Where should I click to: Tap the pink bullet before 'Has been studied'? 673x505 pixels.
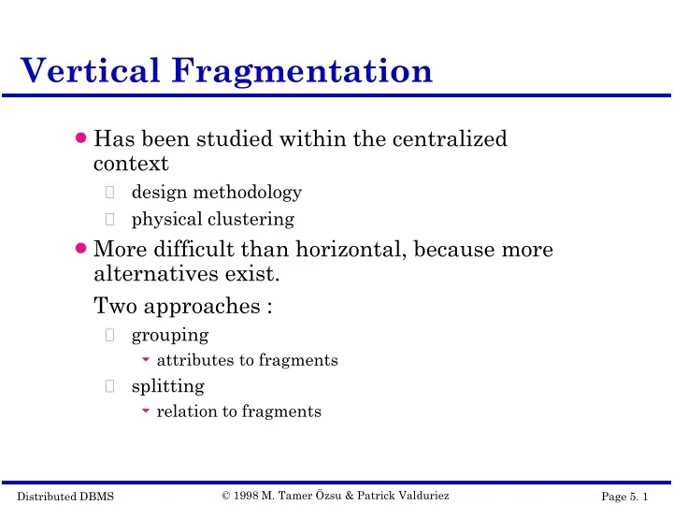[82, 138]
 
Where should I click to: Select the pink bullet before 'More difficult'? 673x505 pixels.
[82, 249]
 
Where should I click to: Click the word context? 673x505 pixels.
[131, 165]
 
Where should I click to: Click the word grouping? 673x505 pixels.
[169, 334]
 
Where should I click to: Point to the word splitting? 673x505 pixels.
[167, 385]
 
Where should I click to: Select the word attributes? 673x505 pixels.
[191, 360]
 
